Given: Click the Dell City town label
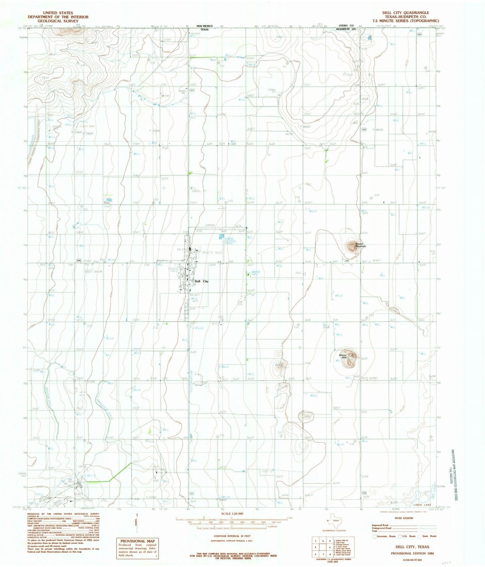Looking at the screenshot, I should click(x=201, y=281).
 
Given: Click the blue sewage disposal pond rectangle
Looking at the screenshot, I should click(x=222, y=236).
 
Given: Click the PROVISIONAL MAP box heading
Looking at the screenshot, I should click(x=138, y=541).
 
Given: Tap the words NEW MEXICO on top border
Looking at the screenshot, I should click(x=204, y=26).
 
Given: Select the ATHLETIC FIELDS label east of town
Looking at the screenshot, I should click(x=212, y=253).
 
